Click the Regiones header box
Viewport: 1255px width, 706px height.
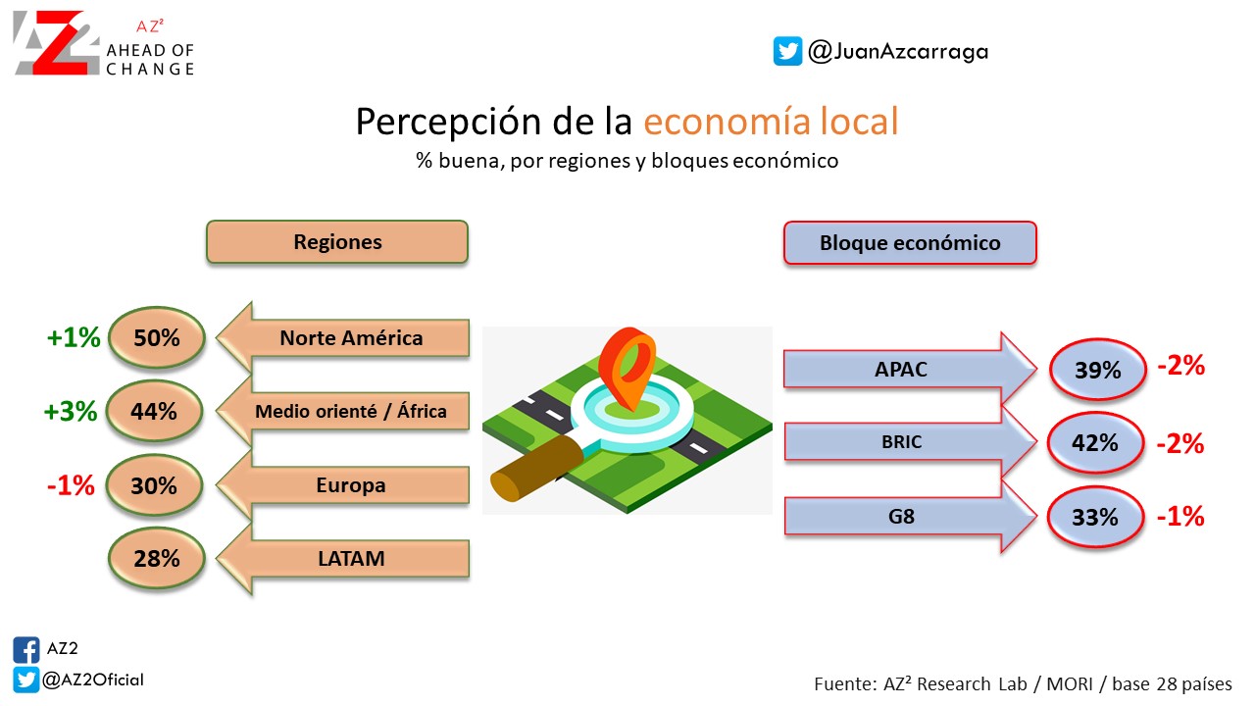click(337, 242)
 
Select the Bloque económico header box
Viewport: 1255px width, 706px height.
click(910, 243)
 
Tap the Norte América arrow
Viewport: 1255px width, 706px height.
click(343, 338)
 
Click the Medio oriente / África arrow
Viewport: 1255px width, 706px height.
click(343, 411)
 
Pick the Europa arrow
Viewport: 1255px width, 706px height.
click(343, 484)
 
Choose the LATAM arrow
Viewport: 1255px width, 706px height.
click(343, 559)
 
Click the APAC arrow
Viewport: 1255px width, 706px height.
click(910, 369)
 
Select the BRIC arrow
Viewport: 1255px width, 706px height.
click(910, 442)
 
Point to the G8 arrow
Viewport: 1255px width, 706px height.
click(910, 516)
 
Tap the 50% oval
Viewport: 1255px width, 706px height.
click(157, 337)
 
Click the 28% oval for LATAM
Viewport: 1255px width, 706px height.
click(157, 558)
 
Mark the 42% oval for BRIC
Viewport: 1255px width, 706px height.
click(1095, 442)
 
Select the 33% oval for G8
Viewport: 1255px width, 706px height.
click(1095, 517)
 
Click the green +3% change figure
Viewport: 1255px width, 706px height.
click(71, 411)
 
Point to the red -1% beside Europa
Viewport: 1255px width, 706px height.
click(71, 485)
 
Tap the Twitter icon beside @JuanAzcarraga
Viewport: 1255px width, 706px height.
click(787, 51)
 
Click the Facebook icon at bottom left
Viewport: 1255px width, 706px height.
click(26, 650)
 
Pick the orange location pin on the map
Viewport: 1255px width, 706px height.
click(627, 367)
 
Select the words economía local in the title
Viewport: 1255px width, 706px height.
click(771, 121)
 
